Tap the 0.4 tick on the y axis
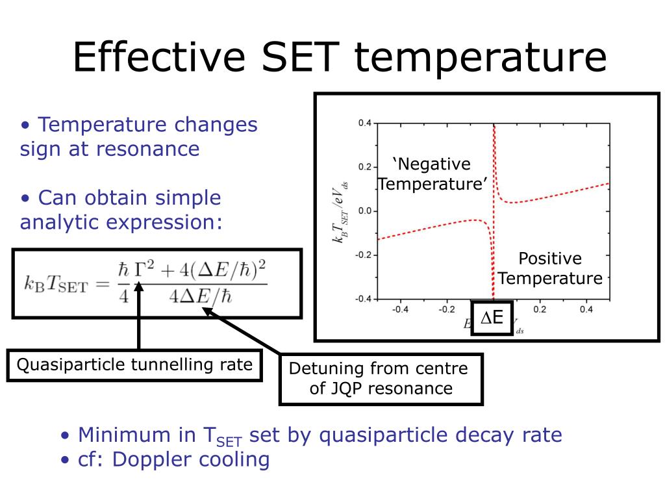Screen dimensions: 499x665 pos(364,123)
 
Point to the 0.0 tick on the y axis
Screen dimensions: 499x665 pos(364,211)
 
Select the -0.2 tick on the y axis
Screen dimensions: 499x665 pos(362,255)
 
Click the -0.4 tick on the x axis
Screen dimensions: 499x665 pos(400,309)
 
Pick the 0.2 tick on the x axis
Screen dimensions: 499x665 pos(540,309)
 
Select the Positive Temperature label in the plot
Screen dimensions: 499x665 pos(550,268)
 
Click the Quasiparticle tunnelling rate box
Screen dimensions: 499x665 pos(134,365)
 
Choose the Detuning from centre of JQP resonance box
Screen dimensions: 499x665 pos(381,379)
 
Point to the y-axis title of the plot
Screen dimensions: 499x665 pos(340,211)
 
